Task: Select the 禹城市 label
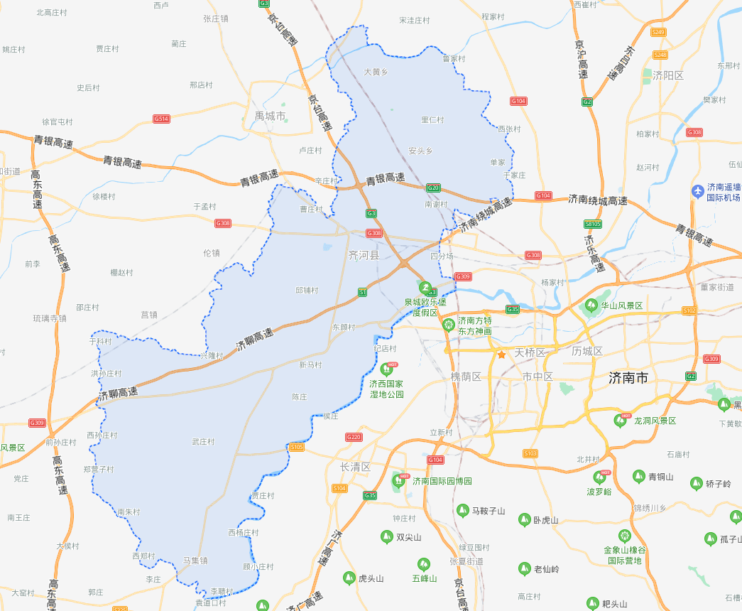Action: (270, 115)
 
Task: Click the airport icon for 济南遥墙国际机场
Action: (699, 190)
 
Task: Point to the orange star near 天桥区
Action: (501, 354)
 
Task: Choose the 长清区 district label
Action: (356, 467)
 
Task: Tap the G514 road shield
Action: (161, 119)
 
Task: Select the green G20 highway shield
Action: (433, 188)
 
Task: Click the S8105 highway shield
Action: (593, 224)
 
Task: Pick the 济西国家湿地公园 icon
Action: (386, 369)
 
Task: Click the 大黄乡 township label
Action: (376, 72)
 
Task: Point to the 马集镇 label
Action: (195, 561)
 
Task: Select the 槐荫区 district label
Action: (467, 376)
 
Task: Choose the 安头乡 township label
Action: (420, 151)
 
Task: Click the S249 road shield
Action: (658, 32)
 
